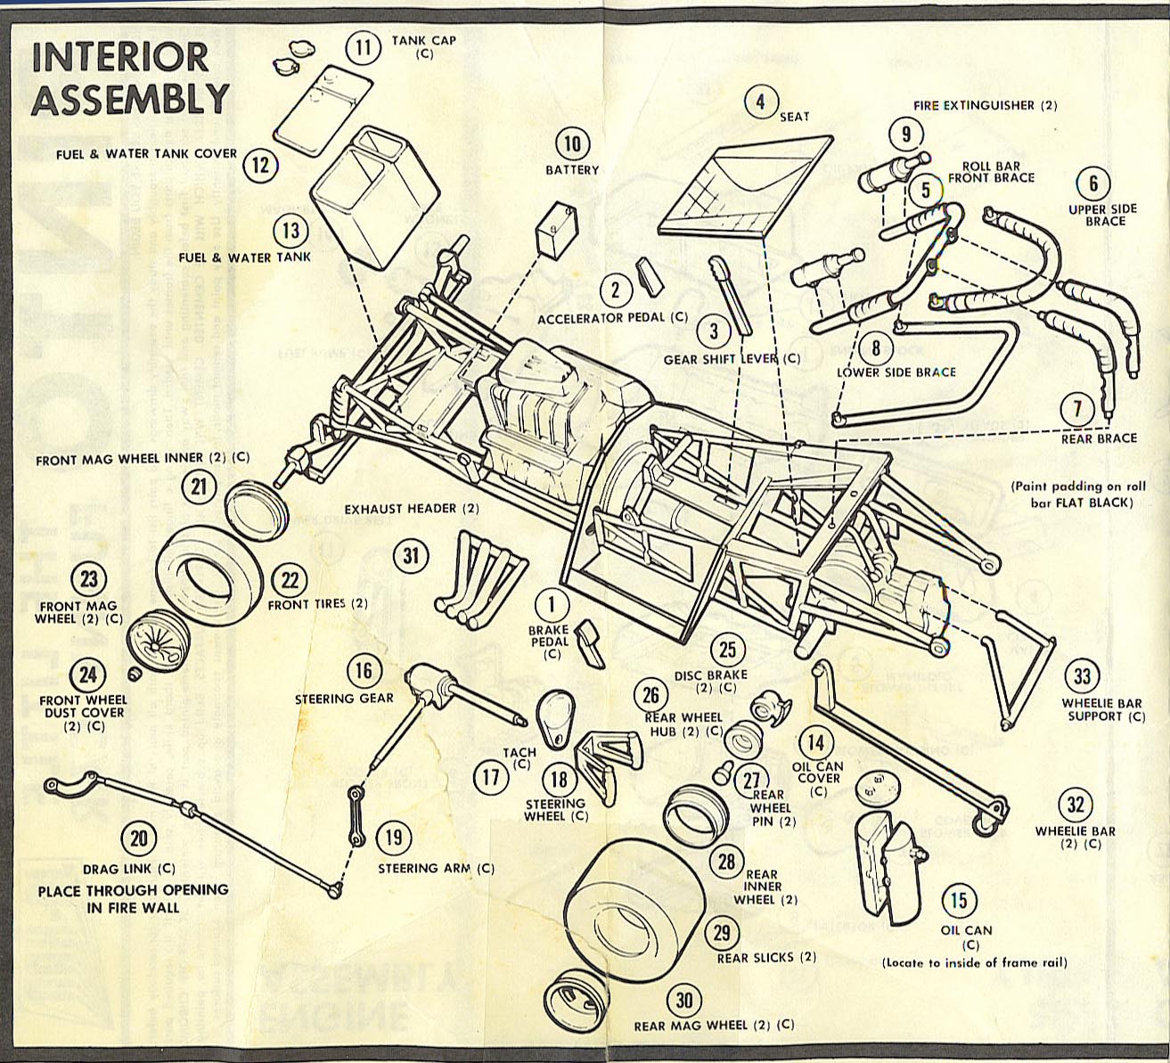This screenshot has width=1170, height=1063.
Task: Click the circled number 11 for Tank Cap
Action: click(362, 45)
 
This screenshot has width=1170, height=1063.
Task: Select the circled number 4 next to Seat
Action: click(760, 102)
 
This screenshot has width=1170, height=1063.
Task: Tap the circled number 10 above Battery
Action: click(572, 143)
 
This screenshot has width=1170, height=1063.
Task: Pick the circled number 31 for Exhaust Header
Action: click(410, 556)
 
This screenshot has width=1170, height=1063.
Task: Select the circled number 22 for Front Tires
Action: click(290, 580)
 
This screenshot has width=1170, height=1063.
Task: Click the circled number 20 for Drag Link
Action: click(139, 838)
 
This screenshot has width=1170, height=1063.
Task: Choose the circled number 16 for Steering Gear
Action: click(362, 671)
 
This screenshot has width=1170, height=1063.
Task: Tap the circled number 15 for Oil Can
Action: click(958, 900)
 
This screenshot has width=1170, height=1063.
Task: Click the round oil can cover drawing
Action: click(875, 785)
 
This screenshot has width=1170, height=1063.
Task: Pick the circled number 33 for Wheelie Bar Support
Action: click(1081, 676)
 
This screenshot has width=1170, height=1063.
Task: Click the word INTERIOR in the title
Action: click(119, 56)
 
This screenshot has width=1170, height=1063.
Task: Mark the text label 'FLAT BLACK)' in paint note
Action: click(1094, 503)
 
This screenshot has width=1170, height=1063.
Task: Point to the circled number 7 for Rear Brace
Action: click(1077, 409)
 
